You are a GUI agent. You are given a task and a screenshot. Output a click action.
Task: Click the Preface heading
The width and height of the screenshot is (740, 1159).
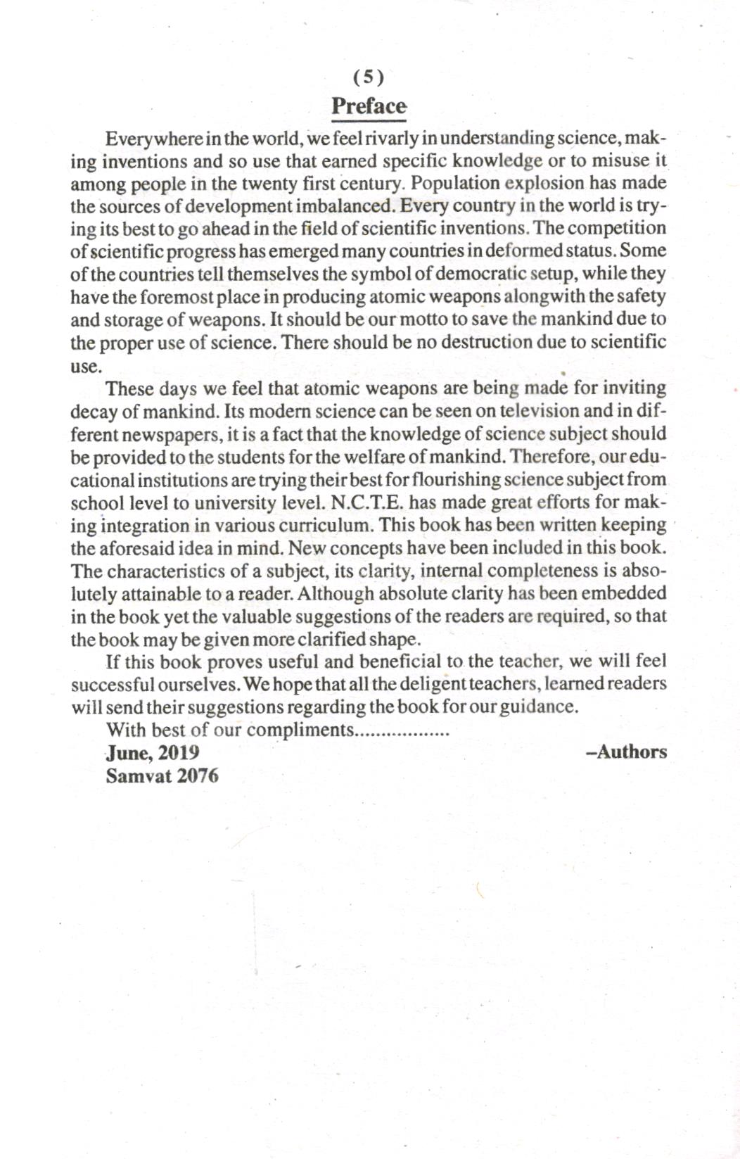(369, 106)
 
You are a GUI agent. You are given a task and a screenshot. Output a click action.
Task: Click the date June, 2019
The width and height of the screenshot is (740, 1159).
(153, 752)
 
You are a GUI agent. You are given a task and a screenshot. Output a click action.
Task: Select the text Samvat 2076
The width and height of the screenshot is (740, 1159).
(162, 775)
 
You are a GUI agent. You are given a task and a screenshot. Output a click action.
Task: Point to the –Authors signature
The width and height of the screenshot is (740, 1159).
(626, 752)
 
